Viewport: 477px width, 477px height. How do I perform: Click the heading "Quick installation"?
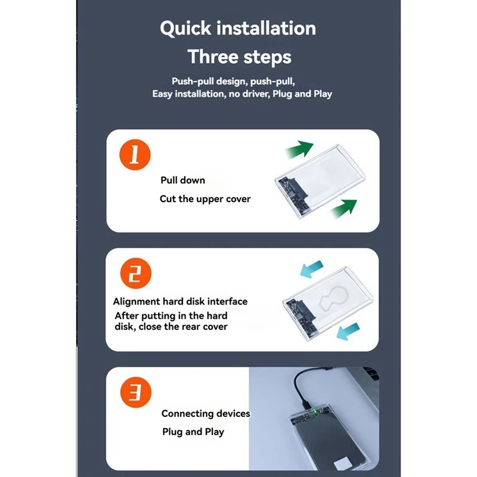point(238,29)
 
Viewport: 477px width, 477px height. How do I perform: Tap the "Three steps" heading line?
point(240,57)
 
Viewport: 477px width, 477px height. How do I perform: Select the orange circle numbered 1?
point(135,154)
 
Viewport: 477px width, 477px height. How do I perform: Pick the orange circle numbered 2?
point(136,273)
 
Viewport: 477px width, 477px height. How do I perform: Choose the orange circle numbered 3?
point(136,392)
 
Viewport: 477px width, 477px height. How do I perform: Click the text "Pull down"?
point(183,180)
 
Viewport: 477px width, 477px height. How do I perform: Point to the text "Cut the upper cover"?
point(205,199)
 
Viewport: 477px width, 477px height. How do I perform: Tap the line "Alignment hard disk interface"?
point(180,302)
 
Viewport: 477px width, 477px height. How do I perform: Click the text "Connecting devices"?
point(206,413)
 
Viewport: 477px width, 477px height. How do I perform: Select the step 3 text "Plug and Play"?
point(193,432)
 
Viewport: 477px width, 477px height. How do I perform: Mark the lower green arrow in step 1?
point(344,208)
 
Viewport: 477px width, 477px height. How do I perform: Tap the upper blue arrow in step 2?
point(311,269)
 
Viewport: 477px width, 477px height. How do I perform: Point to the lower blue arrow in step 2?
point(348,332)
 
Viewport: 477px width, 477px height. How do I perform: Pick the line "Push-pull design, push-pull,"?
point(233,82)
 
